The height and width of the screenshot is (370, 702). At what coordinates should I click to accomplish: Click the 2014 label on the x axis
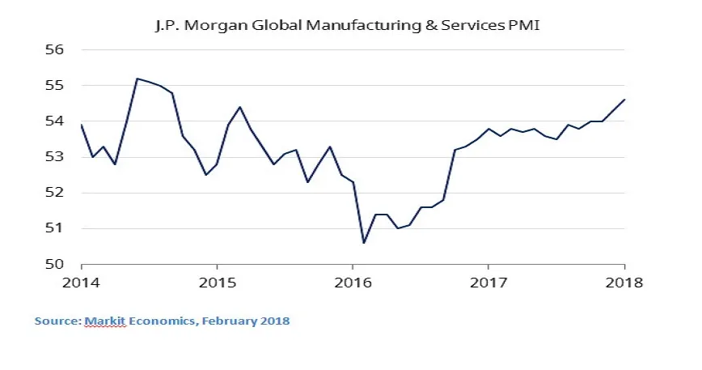click(x=82, y=283)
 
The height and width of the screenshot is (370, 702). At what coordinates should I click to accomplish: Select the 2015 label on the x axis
click(x=217, y=283)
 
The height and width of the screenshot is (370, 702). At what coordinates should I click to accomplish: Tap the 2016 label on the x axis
click(x=353, y=283)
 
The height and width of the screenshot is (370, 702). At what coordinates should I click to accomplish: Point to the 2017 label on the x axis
click(x=488, y=283)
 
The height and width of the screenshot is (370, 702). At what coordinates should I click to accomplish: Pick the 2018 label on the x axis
click(x=623, y=283)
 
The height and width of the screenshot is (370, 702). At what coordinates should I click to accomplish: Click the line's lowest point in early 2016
click(x=364, y=243)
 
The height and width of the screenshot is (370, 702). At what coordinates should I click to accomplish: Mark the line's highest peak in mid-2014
click(x=137, y=79)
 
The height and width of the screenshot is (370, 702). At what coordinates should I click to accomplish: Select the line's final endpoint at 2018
click(x=624, y=100)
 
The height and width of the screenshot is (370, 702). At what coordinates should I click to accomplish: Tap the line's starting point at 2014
click(x=82, y=125)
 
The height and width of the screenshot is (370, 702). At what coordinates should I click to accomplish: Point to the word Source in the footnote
click(x=57, y=321)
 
